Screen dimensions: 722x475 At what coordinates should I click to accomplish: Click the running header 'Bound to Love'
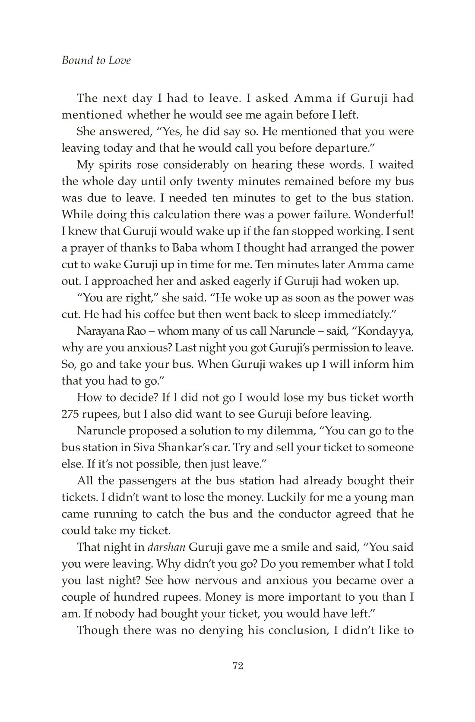click(x=96, y=60)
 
